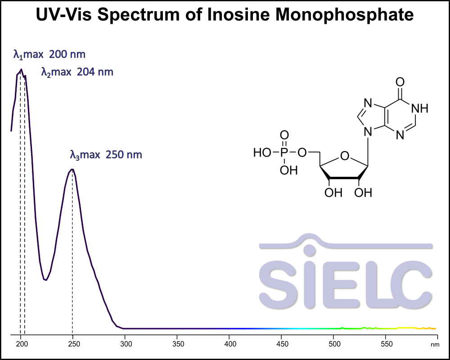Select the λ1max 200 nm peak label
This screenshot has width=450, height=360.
pyautogui.click(x=49, y=55)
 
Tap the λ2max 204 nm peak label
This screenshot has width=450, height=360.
pyautogui.click(x=77, y=72)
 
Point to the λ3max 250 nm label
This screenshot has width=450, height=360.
pyautogui.click(x=106, y=155)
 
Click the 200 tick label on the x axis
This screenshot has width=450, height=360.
pyautogui.click(x=21, y=344)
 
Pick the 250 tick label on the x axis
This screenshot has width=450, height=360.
pyautogui.click(x=73, y=344)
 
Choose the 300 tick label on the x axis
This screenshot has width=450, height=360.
pyautogui.click(x=125, y=344)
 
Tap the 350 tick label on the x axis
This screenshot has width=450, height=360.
pyautogui.click(x=177, y=344)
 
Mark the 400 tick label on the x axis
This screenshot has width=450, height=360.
pyautogui.click(x=229, y=344)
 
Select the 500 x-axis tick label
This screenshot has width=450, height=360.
pyautogui.click(x=333, y=344)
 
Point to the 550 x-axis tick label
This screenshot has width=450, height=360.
pyautogui.click(x=386, y=344)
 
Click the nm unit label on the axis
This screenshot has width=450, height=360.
pyautogui.click(x=435, y=345)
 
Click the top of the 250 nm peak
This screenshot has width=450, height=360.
pyautogui.click(x=72, y=169)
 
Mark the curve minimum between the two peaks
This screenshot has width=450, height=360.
pyautogui.click(x=45, y=280)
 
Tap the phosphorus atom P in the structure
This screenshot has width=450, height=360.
pyautogui.click(x=284, y=153)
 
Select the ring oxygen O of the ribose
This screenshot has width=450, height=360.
pyautogui.click(x=345, y=156)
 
